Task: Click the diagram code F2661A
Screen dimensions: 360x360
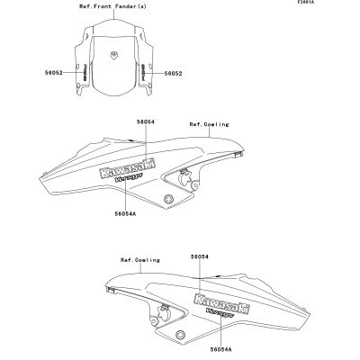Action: [305, 2]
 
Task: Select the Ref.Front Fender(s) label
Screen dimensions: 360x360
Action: [113, 6]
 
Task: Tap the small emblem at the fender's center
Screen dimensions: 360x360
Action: [113, 55]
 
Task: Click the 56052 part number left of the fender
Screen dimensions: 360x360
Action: [54, 73]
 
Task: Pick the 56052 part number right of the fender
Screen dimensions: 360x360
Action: [173, 73]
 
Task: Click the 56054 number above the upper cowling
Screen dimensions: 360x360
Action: [146, 121]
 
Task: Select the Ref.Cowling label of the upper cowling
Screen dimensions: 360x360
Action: [209, 124]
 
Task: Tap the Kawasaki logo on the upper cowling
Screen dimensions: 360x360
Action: [128, 169]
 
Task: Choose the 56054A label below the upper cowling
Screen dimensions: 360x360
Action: [125, 213]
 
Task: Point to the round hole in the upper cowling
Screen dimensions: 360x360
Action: [168, 199]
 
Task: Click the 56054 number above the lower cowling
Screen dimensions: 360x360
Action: [200, 256]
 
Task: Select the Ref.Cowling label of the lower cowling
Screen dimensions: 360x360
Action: [140, 260]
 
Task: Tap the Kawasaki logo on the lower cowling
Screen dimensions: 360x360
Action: [222, 304]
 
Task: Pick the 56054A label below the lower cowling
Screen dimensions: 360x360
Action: [221, 349]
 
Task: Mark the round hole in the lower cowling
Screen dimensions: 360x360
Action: [180, 334]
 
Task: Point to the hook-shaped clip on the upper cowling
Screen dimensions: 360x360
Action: [184, 177]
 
